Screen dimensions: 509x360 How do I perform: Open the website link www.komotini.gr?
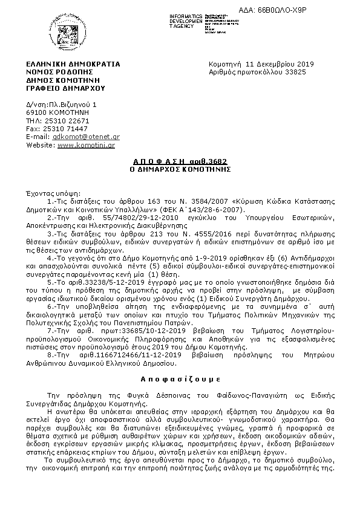click(86, 146)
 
